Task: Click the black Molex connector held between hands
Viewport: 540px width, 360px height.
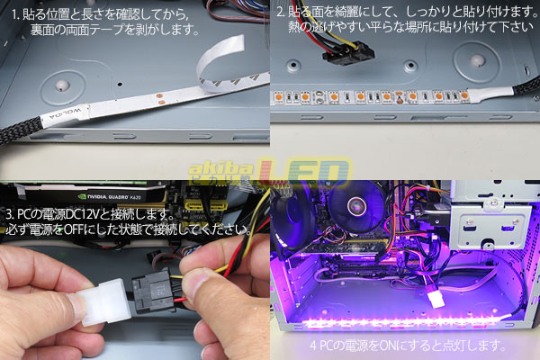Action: point(152,291)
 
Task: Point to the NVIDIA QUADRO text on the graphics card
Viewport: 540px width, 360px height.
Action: point(109,197)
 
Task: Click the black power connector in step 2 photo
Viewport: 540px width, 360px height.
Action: point(348,53)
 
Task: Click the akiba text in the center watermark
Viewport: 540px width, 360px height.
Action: point(220,169)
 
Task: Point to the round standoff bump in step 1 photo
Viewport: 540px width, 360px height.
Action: point(61,86)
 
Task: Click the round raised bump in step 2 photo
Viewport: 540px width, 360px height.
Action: point(477,60)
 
